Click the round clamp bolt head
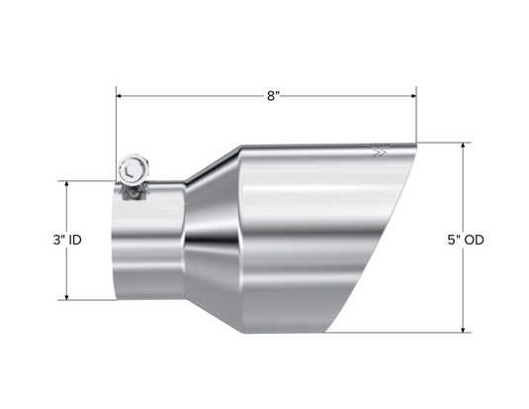click(132, 168)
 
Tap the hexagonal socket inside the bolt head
click(132, 168)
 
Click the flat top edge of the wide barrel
click(316, 145)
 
